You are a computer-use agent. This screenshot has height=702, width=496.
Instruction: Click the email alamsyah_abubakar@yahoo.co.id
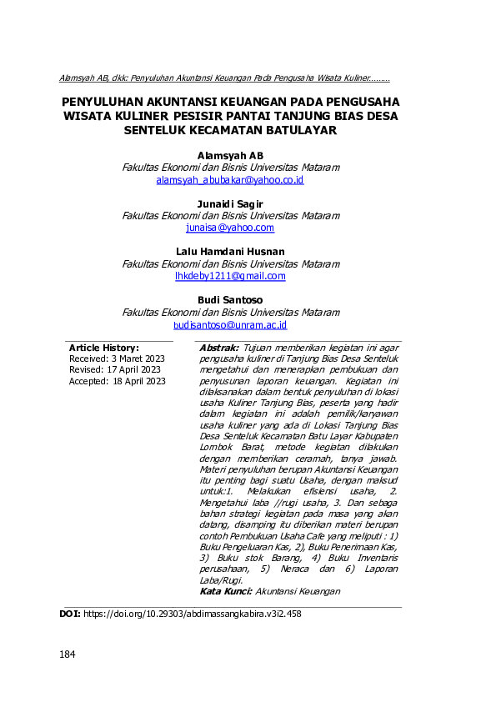click(230, 179)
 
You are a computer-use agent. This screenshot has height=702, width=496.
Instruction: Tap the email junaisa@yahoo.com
click(230, 228)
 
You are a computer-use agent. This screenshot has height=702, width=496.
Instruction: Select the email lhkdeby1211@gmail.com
click(230, 276)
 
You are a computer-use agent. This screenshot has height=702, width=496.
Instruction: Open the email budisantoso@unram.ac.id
click(230, 324)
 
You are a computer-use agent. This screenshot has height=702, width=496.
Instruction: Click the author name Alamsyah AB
click(230, 155)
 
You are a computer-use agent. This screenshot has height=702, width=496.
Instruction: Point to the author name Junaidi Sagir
click(230, 203)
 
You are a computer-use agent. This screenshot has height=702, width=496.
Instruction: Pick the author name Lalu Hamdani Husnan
click(230, 252)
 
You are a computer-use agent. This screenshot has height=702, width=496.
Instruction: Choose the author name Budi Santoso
click(230, 300)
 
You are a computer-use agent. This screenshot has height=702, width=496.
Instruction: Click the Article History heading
click(103, 348)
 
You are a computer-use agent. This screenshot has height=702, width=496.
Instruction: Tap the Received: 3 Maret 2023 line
click(117, 359)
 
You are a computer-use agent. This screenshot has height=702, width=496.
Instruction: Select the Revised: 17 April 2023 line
click(115, 370)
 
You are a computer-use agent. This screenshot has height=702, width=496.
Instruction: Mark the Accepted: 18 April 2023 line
click(118, 381)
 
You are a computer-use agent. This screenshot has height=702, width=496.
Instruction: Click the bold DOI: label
click(70, 614)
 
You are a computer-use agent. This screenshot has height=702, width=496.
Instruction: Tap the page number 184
click(68, 654)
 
